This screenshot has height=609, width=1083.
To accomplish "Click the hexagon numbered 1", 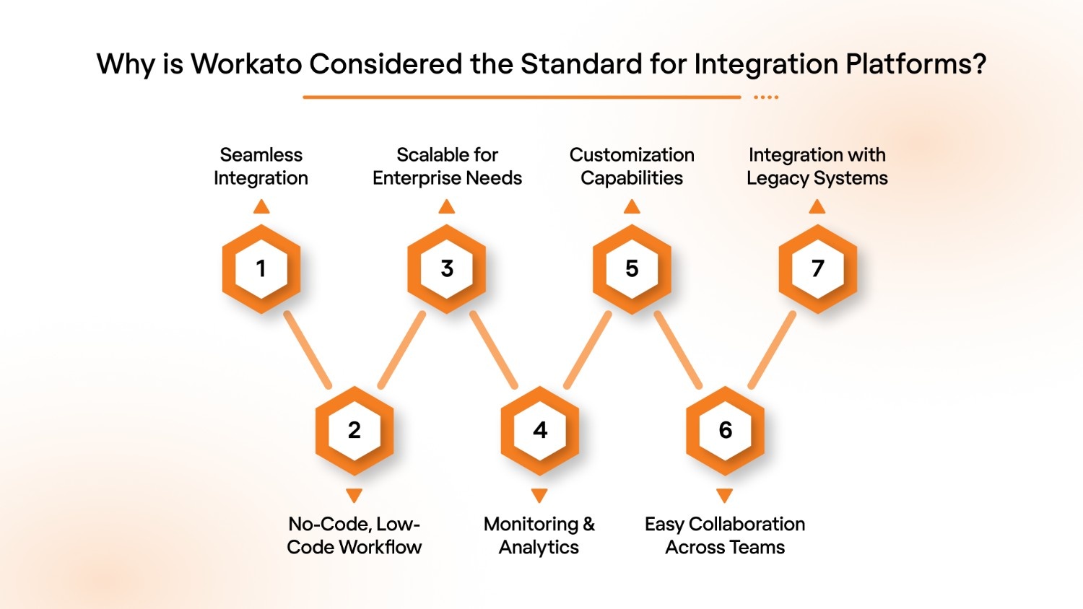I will pyautogui.click(x=261, y=268).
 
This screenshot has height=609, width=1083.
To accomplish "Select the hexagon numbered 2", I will pyautogui.click(x=354, y=430).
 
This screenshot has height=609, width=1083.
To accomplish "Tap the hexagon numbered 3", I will pyautogui.click(x=447, y=268).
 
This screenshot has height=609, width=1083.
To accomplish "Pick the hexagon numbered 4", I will pyautogui.click(x=539, y=430).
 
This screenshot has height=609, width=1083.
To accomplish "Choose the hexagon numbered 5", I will pyautogui.click(x=632, y=268).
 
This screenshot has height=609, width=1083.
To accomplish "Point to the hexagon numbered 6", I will pyautogui.click(x=725, y=430).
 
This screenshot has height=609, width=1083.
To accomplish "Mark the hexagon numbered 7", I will pyautogui.click(x=817, y=268).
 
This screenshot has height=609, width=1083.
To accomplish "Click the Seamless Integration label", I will pyautogui.click(x=261, y=167).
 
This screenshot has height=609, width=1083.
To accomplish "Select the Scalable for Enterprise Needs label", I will pyautogui.click(x=447, y=167).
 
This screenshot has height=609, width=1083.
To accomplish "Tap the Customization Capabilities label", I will pyautogui.click(x=632, y=167).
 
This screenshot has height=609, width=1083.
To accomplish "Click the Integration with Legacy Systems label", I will pyautogui.click(x=817, y=167).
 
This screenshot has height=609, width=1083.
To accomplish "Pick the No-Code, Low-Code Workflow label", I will pyautogui.click(x=354, y=535).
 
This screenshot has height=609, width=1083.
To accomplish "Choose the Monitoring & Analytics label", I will pyautogui.click(x=539, y=535).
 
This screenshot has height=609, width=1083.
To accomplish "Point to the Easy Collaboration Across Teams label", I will pyautogui.click(x=725, y=535).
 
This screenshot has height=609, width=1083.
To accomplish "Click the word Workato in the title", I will pyautogui.click(x=246, y=64).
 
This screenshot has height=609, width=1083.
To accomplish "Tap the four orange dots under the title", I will pyautogui.click(x=766, y=97).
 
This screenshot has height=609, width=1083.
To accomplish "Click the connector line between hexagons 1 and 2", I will pyautogui.click(x=308, y=350).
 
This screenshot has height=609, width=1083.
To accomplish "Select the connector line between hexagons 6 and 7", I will pyautogui.click(x=772, y=350).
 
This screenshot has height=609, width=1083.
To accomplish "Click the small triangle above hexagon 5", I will pyautogui.click(x=632, y=208).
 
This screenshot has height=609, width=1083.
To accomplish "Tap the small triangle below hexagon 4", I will pyautogui.click(x=539, y=495).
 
